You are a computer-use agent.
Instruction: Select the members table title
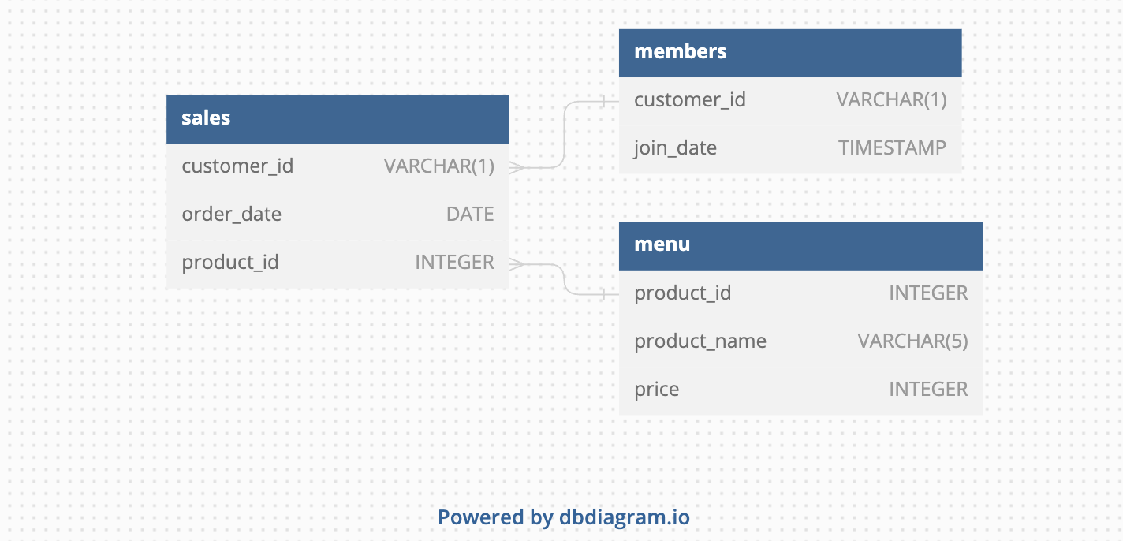[680, 52]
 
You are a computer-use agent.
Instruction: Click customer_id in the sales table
[237, 166]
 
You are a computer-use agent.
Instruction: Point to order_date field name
[231, 215]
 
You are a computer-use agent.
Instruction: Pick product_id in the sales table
[230, 263]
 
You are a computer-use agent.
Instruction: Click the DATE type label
[470, 215]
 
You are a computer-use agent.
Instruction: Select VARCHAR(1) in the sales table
[438, 166]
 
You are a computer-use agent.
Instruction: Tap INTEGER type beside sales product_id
[454, 263]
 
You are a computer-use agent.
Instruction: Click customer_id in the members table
[690, 100]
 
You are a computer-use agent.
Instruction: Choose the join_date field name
[675, 148]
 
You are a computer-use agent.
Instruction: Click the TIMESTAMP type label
[892, 148]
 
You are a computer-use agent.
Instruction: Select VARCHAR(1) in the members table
[891, 100]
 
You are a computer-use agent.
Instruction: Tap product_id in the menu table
[683, 293]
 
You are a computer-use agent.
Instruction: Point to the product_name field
[700, 341]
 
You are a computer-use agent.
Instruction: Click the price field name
[656, 390]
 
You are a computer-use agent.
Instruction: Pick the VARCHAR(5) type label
[912, 341]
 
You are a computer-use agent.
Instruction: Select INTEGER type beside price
[928, 390]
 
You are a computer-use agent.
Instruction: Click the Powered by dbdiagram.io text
[563, 518]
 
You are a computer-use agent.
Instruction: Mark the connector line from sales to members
[565, 134]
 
